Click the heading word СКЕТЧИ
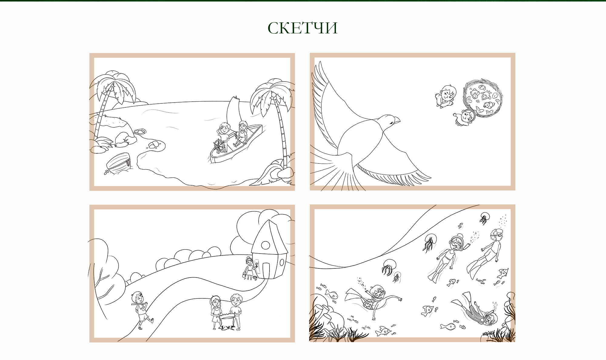click(303, 28)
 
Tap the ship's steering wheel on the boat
click(219, 145)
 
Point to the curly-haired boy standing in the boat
click(224, 133)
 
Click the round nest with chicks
click(483, 98)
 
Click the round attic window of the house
click(266, 245)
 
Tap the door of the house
click(266, 271)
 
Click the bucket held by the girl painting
click(244, 275)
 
